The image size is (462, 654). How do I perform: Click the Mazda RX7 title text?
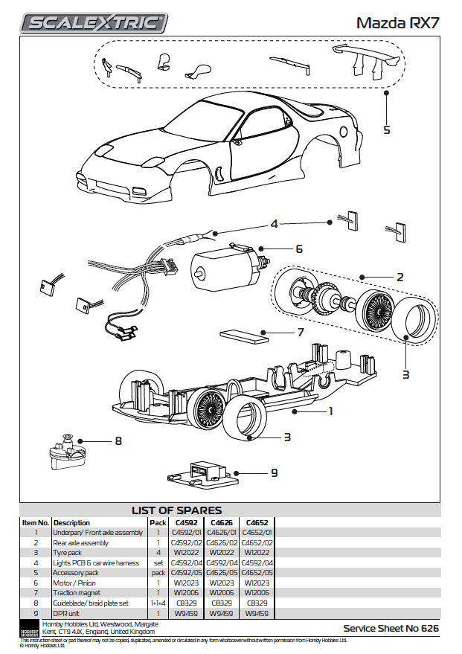click(x=397, y=22)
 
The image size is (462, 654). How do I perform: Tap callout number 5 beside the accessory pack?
click(x=386, y=129)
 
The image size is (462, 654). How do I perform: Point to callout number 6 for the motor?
click(x=298, y=249)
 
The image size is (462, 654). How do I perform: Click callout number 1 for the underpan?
click(x=330, y=410)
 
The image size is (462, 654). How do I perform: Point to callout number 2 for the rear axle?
click(x=400, y=277)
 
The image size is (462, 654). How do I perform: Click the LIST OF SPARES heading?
click(x=176, y=510)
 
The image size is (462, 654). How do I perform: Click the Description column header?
click(x=72, y=522)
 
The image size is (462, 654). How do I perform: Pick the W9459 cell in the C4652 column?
click(x=256, y=614)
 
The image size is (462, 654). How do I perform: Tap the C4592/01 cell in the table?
click(x=186, y=533)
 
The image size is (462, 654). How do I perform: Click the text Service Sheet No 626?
click(x=391, y=629)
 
